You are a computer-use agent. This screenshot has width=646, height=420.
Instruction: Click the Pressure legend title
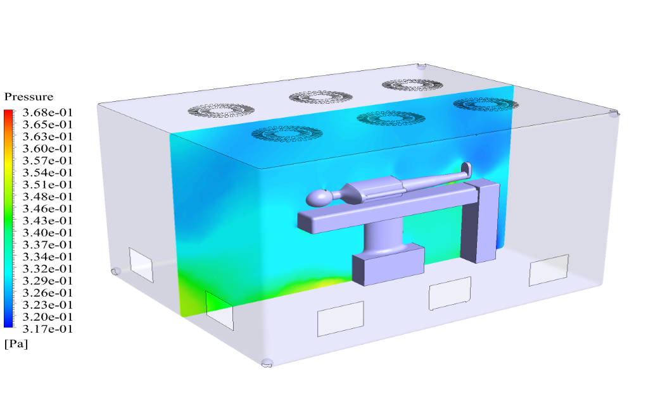coord(28,97)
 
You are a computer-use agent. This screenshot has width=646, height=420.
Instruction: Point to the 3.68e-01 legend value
coord(47,113)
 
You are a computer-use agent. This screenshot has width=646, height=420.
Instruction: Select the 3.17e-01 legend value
coord(47,329)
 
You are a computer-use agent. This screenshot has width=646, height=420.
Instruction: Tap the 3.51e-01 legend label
coord(47,184)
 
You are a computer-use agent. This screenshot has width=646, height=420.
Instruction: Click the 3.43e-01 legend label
coord(47,221)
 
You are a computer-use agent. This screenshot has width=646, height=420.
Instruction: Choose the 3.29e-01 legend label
coord(47,281)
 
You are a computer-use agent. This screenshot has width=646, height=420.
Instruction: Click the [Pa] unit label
coord(16,344)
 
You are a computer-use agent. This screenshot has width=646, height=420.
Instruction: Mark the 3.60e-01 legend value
coord(47,149)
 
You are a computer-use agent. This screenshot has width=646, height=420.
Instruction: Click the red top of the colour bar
coord(8,112)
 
